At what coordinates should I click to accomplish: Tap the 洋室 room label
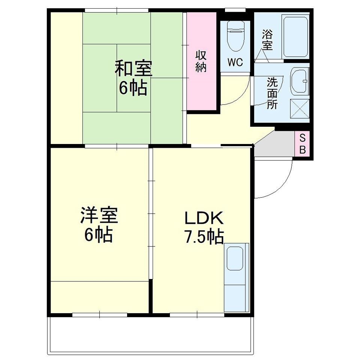coord(99,215)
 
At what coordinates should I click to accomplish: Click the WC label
coord(235,62)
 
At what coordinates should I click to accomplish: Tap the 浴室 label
coord(267,40)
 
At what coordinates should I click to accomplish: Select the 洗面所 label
coord(272,93)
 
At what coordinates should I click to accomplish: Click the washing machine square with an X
coord(300,109)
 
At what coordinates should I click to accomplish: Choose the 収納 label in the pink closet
coord(201,62)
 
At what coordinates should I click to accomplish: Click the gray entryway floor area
coord(274,144)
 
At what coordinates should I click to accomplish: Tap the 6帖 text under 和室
coord(133,88)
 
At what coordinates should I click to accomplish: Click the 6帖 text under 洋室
coord(99,234)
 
